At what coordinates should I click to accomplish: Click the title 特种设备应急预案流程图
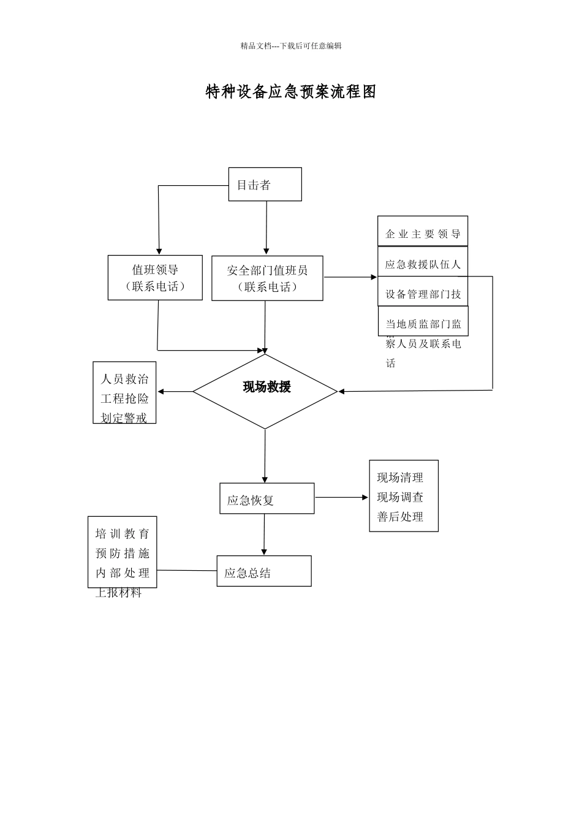290,92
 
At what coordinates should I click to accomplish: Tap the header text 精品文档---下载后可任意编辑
291,46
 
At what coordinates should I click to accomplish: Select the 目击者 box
265,185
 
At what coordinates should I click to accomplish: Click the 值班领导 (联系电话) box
155,278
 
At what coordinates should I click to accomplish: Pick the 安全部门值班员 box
267,278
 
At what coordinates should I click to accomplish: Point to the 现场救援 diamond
265,391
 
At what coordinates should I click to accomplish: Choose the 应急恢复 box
266,499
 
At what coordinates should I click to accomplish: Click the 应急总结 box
263,571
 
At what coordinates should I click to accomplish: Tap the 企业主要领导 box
423,233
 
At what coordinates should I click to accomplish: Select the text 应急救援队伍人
423,264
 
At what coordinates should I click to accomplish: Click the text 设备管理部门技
423,294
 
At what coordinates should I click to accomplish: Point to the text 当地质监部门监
423,324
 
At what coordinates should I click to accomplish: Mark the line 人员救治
124,379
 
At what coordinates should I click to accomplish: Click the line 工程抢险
124,399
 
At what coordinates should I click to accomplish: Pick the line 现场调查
400,497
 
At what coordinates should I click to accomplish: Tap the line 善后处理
400,517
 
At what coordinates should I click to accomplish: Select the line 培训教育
123,534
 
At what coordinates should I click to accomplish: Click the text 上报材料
119,593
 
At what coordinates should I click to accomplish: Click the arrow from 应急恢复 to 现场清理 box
341,498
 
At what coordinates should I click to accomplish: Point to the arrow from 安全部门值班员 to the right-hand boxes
350,277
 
